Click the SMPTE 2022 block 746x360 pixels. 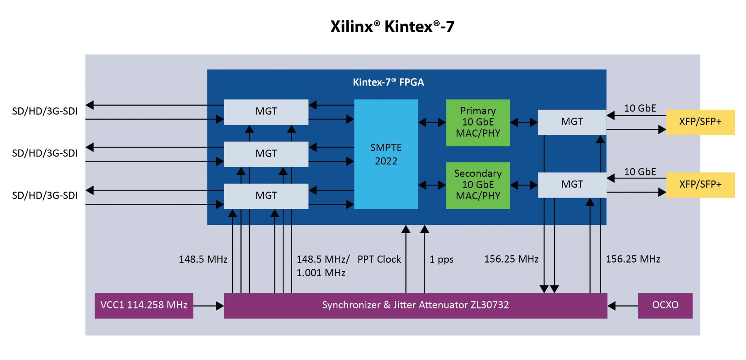click(386, 154)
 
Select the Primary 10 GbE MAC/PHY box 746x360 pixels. click(478, 122)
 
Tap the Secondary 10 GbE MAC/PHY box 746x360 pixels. click(478, 185)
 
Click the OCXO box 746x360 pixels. click(665, 305)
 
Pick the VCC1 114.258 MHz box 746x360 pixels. click(144, 305)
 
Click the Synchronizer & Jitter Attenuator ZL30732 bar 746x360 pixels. click(415, 305)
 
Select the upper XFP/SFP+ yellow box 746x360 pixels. click(700, 122)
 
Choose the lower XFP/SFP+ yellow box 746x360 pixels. click(700, 184)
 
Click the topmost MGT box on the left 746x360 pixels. click(266, 111)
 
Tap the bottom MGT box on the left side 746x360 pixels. click(266, 196)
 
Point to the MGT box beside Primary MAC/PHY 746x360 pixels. click(572, 122)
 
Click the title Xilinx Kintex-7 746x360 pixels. click(392, 27)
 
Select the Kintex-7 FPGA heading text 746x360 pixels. click(388, 82)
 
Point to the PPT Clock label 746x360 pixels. click(379, 259)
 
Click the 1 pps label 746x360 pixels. click(441, 259)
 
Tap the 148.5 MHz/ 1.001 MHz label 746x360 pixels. click(322, 266)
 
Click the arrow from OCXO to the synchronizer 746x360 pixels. click(622, 306)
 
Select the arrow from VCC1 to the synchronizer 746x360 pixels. click(208, 306)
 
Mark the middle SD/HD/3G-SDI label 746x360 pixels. click(45, 153)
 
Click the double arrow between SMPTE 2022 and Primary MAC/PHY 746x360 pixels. click(432, 122)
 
